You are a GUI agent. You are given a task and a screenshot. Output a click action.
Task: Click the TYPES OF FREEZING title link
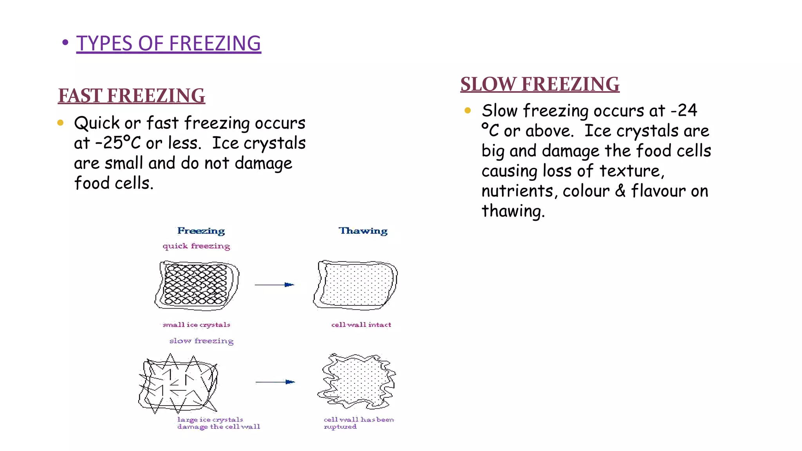168,43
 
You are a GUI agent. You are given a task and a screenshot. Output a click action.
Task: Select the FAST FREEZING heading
132,96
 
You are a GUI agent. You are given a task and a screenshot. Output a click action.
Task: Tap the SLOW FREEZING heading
540,84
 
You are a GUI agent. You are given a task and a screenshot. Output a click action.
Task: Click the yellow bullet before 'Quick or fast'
60,123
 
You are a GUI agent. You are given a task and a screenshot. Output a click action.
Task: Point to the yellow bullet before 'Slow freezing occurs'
468,110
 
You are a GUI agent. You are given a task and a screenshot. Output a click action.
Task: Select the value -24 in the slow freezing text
684,110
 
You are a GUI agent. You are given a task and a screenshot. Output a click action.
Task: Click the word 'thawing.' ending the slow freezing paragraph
513,211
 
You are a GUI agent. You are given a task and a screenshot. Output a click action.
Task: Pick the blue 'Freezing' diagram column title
201,231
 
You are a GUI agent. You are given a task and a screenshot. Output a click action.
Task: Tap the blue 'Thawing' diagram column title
363,231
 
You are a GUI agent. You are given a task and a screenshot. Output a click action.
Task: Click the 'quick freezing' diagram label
196,246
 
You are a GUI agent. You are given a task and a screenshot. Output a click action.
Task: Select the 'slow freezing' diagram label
201,341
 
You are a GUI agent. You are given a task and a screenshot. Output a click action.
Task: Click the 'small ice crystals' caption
196,325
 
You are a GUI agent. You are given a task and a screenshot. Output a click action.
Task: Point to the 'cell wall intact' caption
361,325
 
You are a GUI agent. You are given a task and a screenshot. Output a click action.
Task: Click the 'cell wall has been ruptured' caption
358,423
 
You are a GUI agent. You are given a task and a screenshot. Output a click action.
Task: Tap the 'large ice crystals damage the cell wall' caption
218,423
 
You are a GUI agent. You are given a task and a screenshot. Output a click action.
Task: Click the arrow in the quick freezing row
274,285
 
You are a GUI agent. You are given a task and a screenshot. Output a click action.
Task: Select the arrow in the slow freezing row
275,382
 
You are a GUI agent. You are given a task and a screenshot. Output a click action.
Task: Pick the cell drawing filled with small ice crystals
196,285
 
